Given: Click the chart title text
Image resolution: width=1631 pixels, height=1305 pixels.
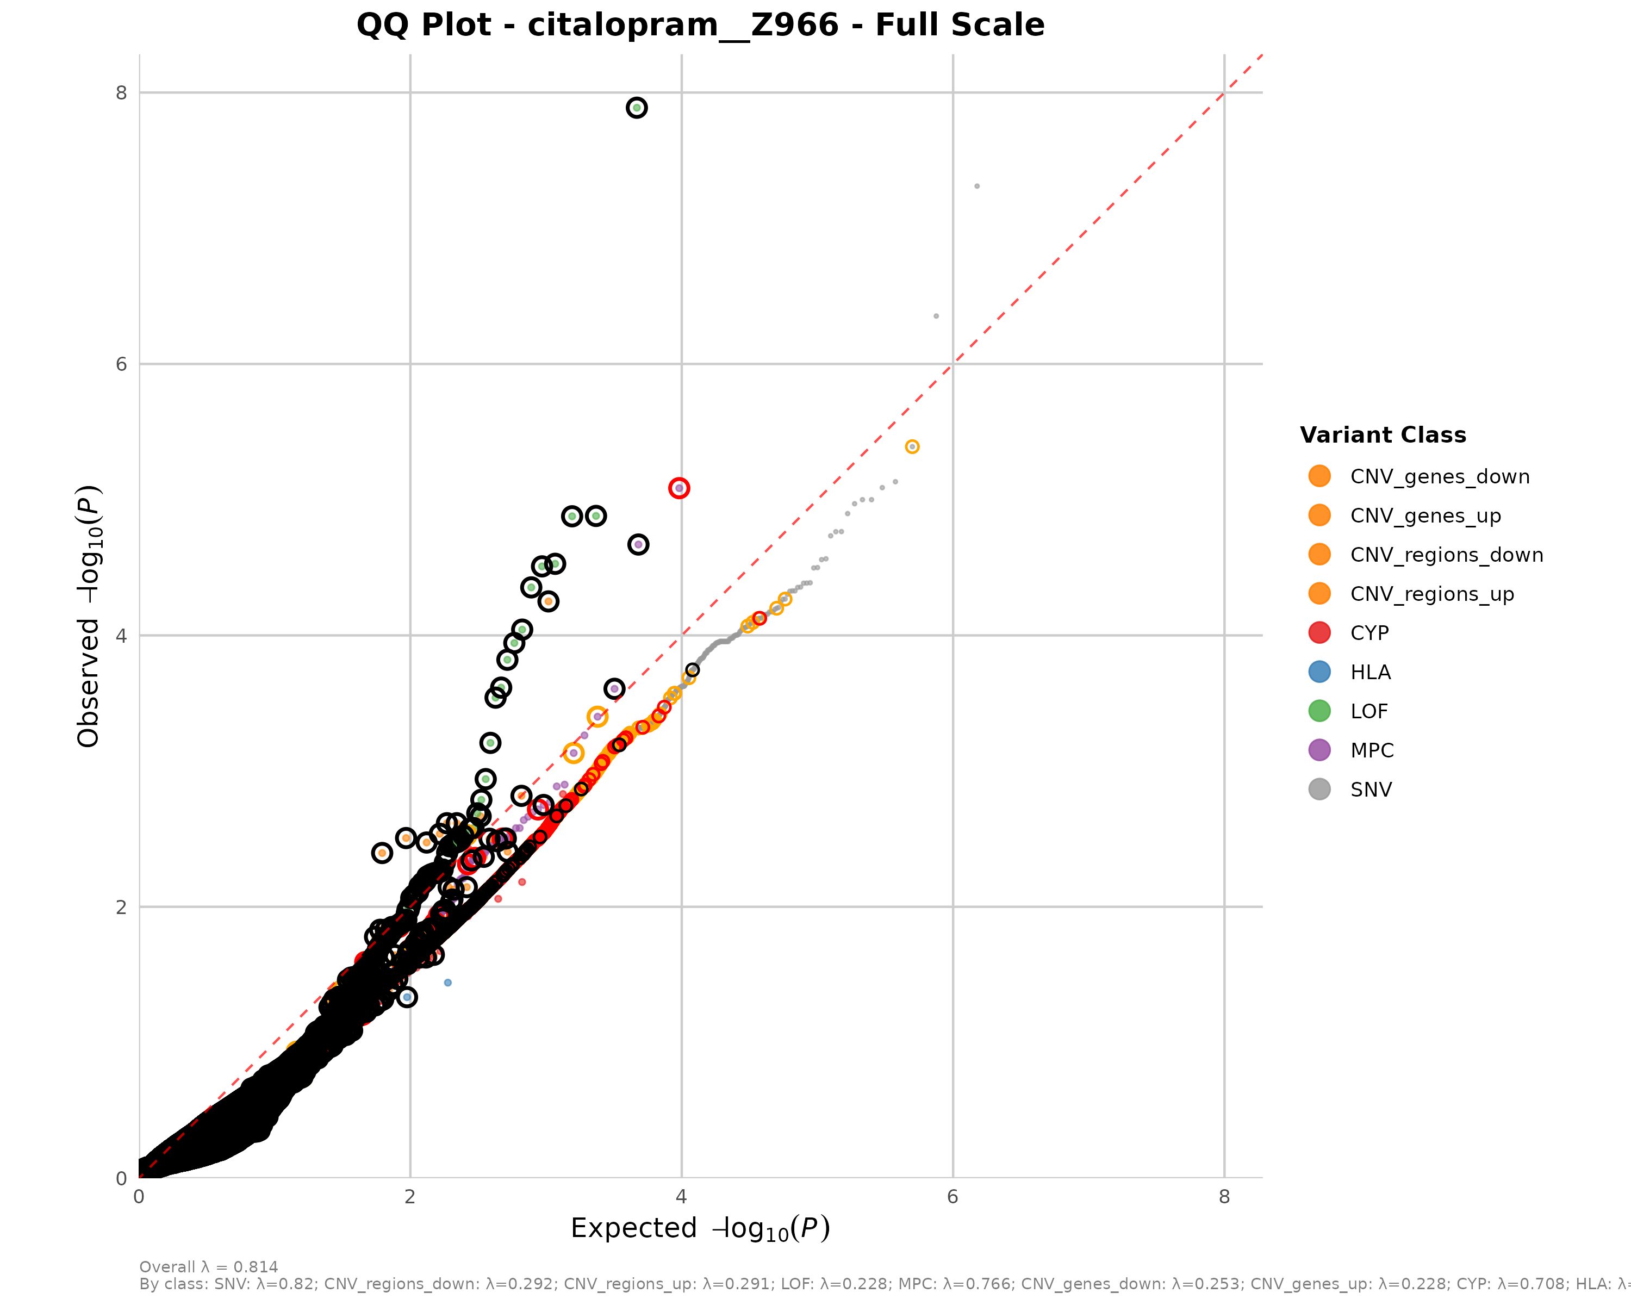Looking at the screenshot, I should (x=700, y=25).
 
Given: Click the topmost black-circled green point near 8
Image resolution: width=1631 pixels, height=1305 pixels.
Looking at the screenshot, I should (x=637, y=108).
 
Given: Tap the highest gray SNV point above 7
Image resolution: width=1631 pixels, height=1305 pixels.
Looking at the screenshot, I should (x=976, y=186).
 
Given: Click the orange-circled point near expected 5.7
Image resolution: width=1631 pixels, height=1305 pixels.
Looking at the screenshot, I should (x=912, y=447).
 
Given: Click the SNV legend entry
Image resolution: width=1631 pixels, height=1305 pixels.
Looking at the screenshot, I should (x=1370, y=790).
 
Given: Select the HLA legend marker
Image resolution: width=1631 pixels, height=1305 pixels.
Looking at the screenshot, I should (x=1319, y=672).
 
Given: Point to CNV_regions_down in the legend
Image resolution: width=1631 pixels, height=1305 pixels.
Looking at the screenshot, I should (x=1446, y=555).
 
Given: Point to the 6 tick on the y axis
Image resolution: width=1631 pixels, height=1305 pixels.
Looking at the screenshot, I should (x=122, y=364).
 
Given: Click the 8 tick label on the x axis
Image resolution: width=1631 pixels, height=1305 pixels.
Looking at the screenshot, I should (x=1224, y=1197).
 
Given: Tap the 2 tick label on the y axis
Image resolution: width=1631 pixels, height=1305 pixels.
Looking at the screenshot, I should (x=122, y=907).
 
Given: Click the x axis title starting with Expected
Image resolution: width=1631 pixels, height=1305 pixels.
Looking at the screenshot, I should (x=700, y=1228).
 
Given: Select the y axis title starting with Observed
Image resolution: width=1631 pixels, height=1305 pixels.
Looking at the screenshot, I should (x=89, y=616).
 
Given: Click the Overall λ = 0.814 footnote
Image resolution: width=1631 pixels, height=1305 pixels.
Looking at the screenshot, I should (x=209, y=1267).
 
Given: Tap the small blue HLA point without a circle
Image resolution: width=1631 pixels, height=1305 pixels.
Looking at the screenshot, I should (x=448, y=983).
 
